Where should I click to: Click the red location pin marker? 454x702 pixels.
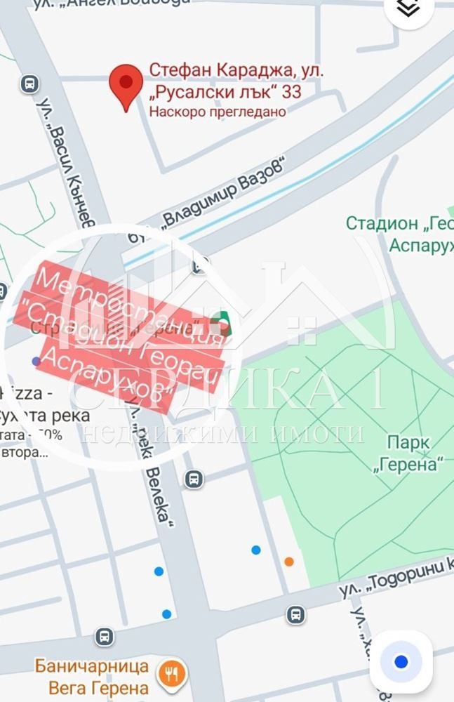pyautogui.click(x=126, y=86)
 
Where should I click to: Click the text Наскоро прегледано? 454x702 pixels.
pyautogui.click(x=218, y=111)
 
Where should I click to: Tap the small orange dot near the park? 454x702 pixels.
pyautogui.click(x=289, y=561)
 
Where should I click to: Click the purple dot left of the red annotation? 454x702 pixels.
pyautogui.click(x=36, y=361)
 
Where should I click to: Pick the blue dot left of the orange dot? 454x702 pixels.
pyautogui.click(x=256, y=550)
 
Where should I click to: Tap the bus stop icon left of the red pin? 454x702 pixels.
pyautogui.click(x=29, y=84)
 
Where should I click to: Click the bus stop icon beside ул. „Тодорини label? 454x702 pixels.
pyautogui.click(x=295, y=615)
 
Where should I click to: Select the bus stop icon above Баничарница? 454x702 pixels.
pyautogui.click(x=104, y=636)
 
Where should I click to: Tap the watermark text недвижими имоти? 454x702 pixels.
pyautogui.click(x=225, y=433)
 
